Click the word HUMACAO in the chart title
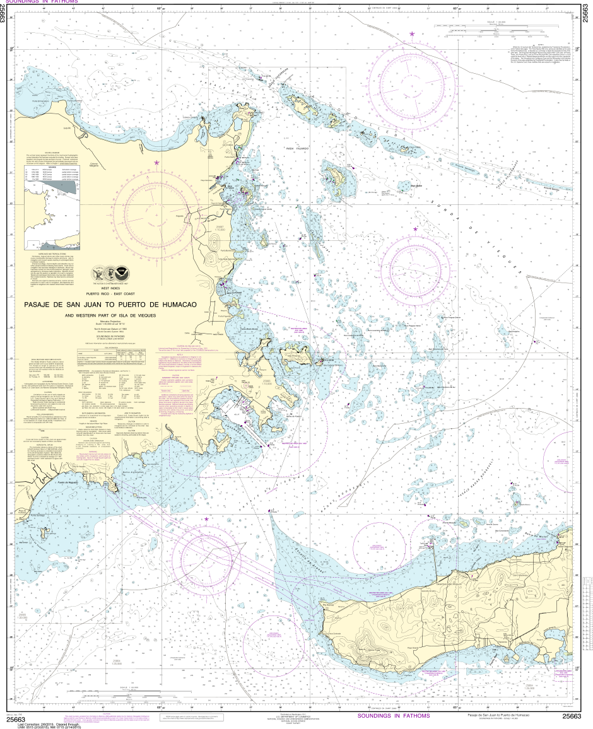[x=176, y=305]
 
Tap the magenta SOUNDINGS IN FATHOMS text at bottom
[x=393, y=716]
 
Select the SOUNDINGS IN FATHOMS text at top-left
[x=41, y=2]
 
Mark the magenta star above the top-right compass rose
[x=413, y=33]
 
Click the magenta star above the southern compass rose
[x=206, y=519]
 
